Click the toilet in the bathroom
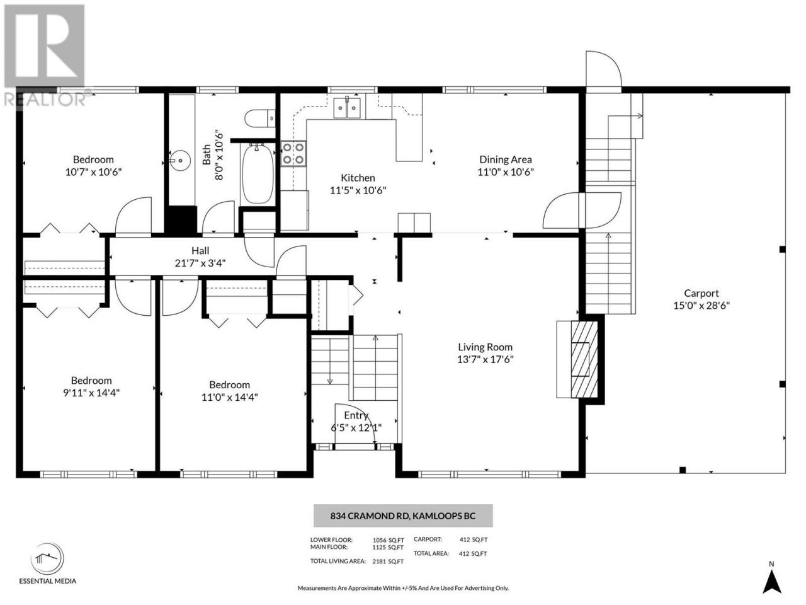tap(259, 118)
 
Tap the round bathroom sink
tap(179, 161)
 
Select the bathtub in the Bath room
tap(258, 173)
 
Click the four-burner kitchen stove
tap(293, 154)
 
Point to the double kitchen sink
tap(347, 108)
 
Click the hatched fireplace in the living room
tap(584, 359)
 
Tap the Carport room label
tap(701, 293)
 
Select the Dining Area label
tap(505, 159)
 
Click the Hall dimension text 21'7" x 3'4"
tap(200, 263)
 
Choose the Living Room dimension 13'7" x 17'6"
tap(485, 359)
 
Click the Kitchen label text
tap(358, 178)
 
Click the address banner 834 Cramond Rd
tap(403, 516)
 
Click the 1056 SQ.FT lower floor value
tap(388, 540)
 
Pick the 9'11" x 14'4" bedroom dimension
tap(91, 393)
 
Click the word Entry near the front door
tap(356, 415)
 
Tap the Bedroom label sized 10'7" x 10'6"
tap(93, 159)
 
